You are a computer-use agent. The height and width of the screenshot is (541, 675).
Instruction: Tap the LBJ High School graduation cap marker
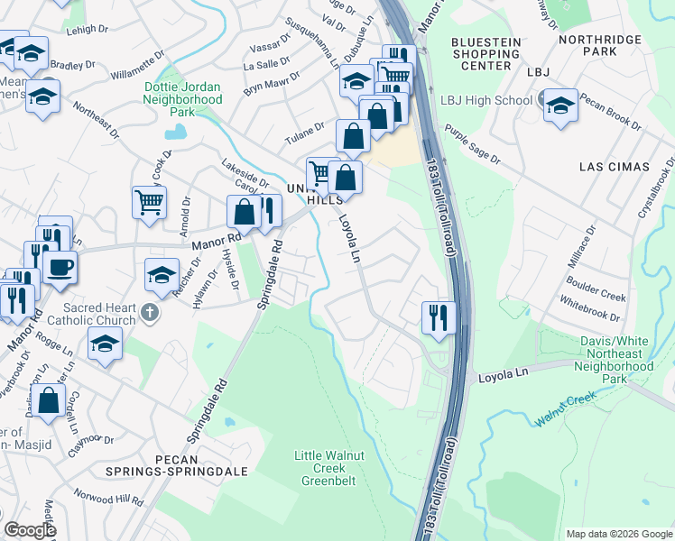coord(560,104)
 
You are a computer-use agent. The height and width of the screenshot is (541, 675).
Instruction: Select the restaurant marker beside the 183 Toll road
coord(435,316)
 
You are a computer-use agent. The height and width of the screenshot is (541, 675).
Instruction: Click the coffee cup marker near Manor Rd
coord(60,267)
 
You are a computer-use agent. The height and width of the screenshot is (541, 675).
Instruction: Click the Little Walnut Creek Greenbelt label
coord(329,468)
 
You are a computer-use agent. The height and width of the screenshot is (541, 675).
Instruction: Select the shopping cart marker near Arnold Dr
coord(149,201)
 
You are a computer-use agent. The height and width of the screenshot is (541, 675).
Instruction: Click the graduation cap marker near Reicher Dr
coord(162,274)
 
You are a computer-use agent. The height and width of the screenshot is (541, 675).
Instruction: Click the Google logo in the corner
coord(29,530)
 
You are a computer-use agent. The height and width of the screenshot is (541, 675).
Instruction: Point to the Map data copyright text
coord(618,533)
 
